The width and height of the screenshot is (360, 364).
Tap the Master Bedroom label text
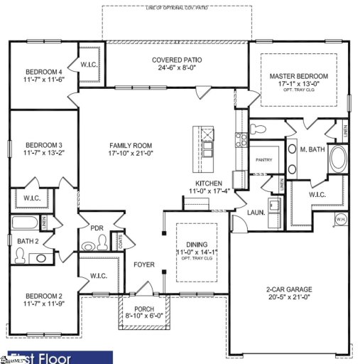pyautogui.click(x=298, y=75)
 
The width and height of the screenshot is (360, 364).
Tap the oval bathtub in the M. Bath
pyautogui.click(x=338, y=159)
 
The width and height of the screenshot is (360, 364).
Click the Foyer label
pyautogui.click(x=144, y=264)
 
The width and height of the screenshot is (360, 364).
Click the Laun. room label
pyautogui.click(x=256, y=212)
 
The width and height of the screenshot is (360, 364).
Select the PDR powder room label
pyautogui.click(x=97, y=228)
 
